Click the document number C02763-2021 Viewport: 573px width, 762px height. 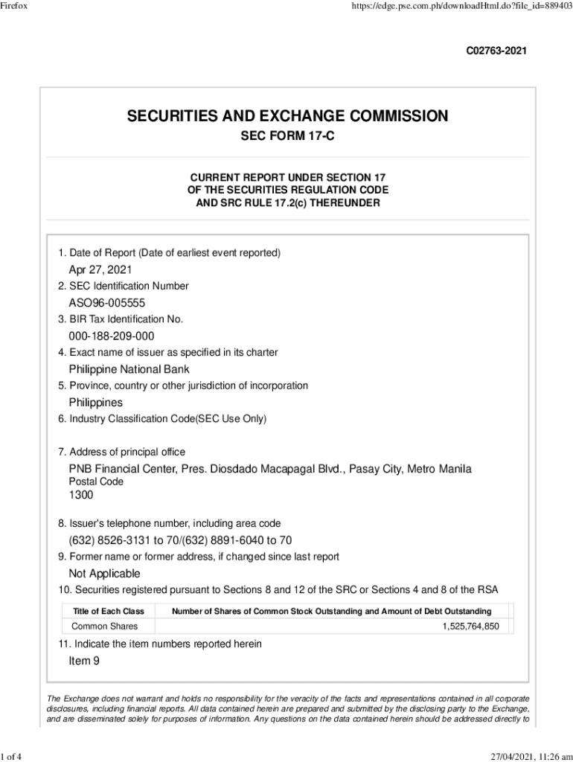coord(496,51)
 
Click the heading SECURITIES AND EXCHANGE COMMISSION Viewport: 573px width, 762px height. coord(287,116)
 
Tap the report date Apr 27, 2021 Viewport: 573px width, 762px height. coord(100,269)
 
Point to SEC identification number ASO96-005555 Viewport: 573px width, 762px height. coord(107,303)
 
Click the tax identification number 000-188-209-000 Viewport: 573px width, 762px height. coord(112,336)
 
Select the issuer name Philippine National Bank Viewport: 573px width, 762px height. coord(129,369)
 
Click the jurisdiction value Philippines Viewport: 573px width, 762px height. coord(96,403)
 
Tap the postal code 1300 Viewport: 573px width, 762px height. coord(81,495)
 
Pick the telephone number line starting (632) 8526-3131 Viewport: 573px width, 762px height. coord(180,540)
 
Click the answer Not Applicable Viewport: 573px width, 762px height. coord(104,574)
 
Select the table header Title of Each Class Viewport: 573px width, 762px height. coord(108,611)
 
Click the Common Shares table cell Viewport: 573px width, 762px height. coord(104,627)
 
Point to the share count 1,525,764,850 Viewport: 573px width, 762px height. coord(470,627)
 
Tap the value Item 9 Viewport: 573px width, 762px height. coord(84,660)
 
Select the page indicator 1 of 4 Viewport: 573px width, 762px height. coord(12,757)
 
